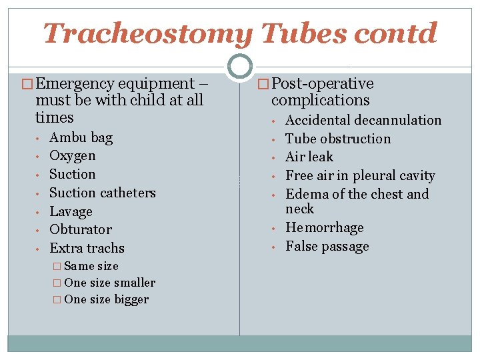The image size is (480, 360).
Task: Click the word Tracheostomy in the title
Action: (147, 33)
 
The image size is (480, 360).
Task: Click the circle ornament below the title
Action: (239, 66)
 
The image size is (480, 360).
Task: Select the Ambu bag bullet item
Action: (81, 138)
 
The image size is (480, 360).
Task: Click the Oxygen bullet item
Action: (72, 156)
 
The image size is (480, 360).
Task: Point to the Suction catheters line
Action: (102, 193)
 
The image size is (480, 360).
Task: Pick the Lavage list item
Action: (71, 212)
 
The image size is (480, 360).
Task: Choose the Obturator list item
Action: (81, 230)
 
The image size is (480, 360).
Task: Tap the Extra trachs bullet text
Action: (87, 248)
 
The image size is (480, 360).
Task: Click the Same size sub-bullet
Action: (91, 266)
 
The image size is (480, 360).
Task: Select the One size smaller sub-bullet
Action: (109, 283)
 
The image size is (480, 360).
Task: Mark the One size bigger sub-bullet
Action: (107, 299)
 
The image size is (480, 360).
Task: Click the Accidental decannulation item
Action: (363, 121)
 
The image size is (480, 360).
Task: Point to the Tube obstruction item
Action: (338, 139)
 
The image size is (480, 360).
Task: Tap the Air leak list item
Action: (309, 157)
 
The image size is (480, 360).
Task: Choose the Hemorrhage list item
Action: (325, 228)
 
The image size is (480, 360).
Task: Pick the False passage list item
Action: (327, 247)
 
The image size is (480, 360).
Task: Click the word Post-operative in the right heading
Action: (323, 84)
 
